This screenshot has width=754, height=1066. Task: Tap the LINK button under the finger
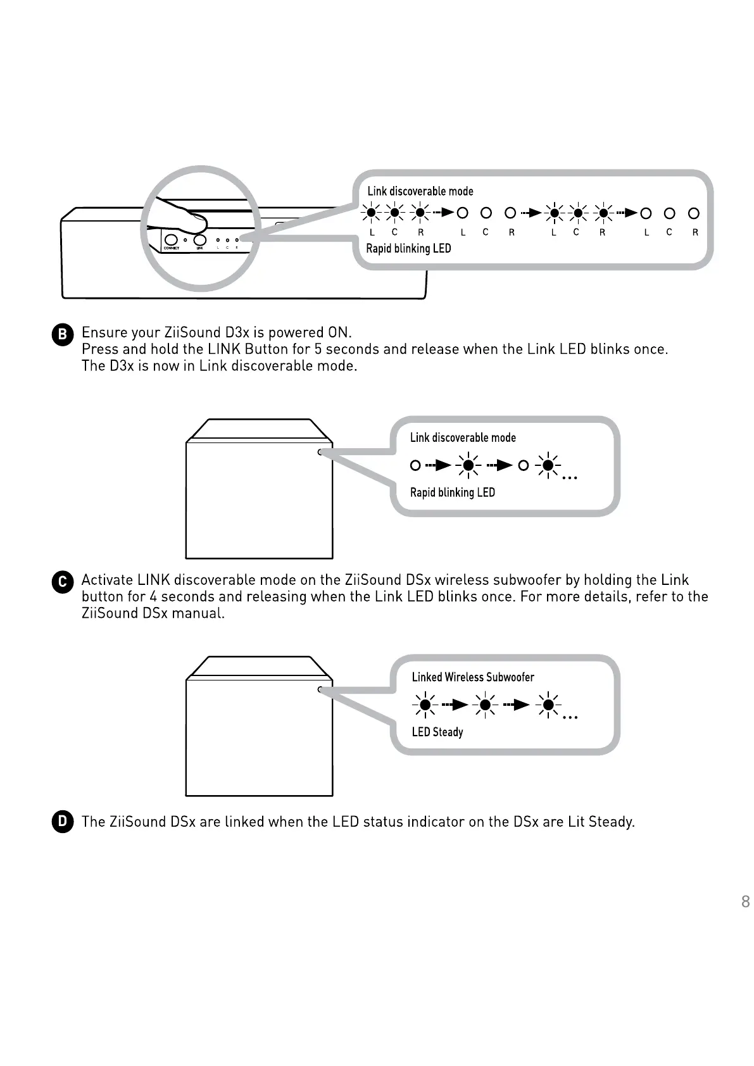point(200,241)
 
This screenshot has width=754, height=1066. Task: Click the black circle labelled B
point(62,334)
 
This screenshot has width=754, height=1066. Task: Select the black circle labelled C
point(62,582)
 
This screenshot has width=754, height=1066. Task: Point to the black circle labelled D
point(62,822)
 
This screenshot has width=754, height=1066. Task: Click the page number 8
point(745,901)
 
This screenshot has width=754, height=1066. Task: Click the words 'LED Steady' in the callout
point(437,732)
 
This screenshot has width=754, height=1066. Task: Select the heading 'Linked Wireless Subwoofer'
point(473,677)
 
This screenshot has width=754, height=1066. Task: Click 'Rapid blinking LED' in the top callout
point(408,248)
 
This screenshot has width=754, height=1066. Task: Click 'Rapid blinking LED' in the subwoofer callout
point(452,492)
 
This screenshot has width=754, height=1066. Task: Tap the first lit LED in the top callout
point(371,213)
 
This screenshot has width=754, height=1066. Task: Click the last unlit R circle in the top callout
point(694,213)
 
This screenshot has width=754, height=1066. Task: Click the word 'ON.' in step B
point(339,333)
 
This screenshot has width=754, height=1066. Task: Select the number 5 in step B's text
point(318,349)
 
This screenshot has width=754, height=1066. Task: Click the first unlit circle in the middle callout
point(415,465)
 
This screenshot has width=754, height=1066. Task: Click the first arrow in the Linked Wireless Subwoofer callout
point(455,704)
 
